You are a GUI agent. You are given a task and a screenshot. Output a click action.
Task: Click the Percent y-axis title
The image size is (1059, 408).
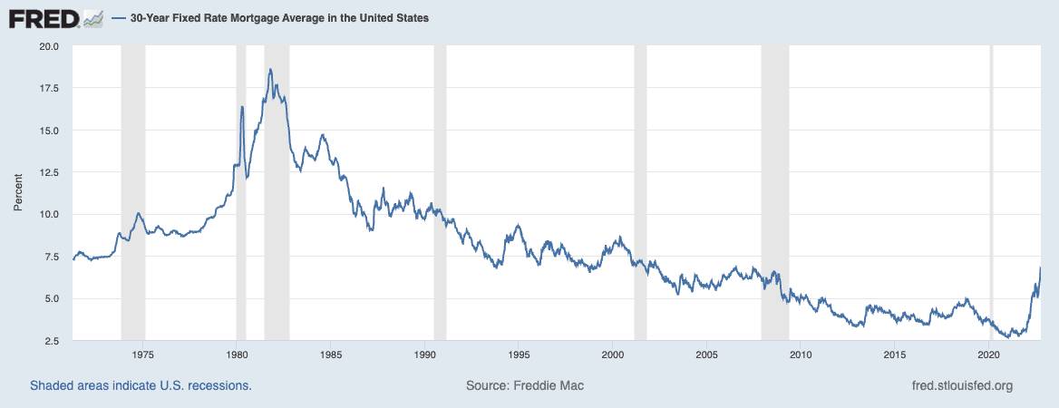[x=17, y=193]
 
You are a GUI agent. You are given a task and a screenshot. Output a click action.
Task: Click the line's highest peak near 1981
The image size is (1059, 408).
[x=270, y=69]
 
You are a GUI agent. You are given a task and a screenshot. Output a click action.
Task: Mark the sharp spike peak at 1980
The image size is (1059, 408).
[x=242, y=107]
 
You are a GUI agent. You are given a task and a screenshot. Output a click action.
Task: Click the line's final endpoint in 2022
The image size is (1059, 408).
[x=1040, y=267]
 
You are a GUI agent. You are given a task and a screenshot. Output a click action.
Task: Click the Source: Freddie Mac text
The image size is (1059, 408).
[x=525, y=385]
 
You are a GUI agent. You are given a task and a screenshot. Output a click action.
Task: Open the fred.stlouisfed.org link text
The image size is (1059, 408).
[x=961, y=385]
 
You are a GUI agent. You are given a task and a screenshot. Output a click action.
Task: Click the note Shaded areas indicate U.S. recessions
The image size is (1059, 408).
[x=141, y=385]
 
